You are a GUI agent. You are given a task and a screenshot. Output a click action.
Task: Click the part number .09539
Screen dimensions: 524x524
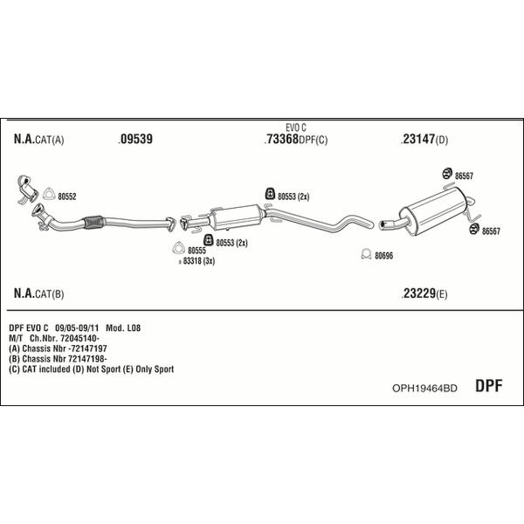pos(135,139)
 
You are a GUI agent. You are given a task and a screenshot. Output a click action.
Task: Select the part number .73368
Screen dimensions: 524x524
pos(281,139)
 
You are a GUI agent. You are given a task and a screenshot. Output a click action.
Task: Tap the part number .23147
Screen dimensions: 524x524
pos(418,139)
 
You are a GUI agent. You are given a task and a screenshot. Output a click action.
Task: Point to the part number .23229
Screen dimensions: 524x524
pos(418,293)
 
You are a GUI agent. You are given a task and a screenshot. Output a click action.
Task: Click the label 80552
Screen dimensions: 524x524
pos(67,196)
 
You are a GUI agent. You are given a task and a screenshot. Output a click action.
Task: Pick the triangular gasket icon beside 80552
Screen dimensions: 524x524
pos(49,194)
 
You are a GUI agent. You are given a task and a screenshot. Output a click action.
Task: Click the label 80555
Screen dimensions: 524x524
pos(196,251)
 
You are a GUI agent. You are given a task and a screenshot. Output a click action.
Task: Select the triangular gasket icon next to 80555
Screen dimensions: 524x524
pos(178,248)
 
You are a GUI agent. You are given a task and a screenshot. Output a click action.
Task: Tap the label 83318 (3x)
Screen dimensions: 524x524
pos(199,261)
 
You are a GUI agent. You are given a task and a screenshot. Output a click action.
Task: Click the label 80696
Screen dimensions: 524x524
pos(384,256)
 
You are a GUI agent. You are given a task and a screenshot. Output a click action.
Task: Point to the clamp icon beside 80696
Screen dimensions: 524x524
pos(366,254)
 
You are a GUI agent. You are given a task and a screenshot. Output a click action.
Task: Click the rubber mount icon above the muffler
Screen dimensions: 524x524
pos(447,174)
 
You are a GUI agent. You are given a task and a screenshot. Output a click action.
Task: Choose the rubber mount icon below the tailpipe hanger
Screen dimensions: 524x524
pos(474,229)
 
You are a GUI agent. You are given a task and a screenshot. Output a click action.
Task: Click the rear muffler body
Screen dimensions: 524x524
pos(433,210)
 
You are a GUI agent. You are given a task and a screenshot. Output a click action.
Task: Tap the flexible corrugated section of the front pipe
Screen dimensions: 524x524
pos(93,222)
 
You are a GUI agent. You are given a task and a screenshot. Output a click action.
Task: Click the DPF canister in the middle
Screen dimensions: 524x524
pos(236,217)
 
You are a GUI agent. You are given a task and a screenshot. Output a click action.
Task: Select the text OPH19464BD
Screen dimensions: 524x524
pos(424,388)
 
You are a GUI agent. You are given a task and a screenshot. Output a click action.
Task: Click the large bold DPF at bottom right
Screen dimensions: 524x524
pos(488,386)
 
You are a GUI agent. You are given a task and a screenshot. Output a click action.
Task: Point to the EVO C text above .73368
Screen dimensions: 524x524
pos(296,128)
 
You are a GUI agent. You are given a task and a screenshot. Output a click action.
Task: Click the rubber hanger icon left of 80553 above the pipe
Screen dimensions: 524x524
pos(270,194)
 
